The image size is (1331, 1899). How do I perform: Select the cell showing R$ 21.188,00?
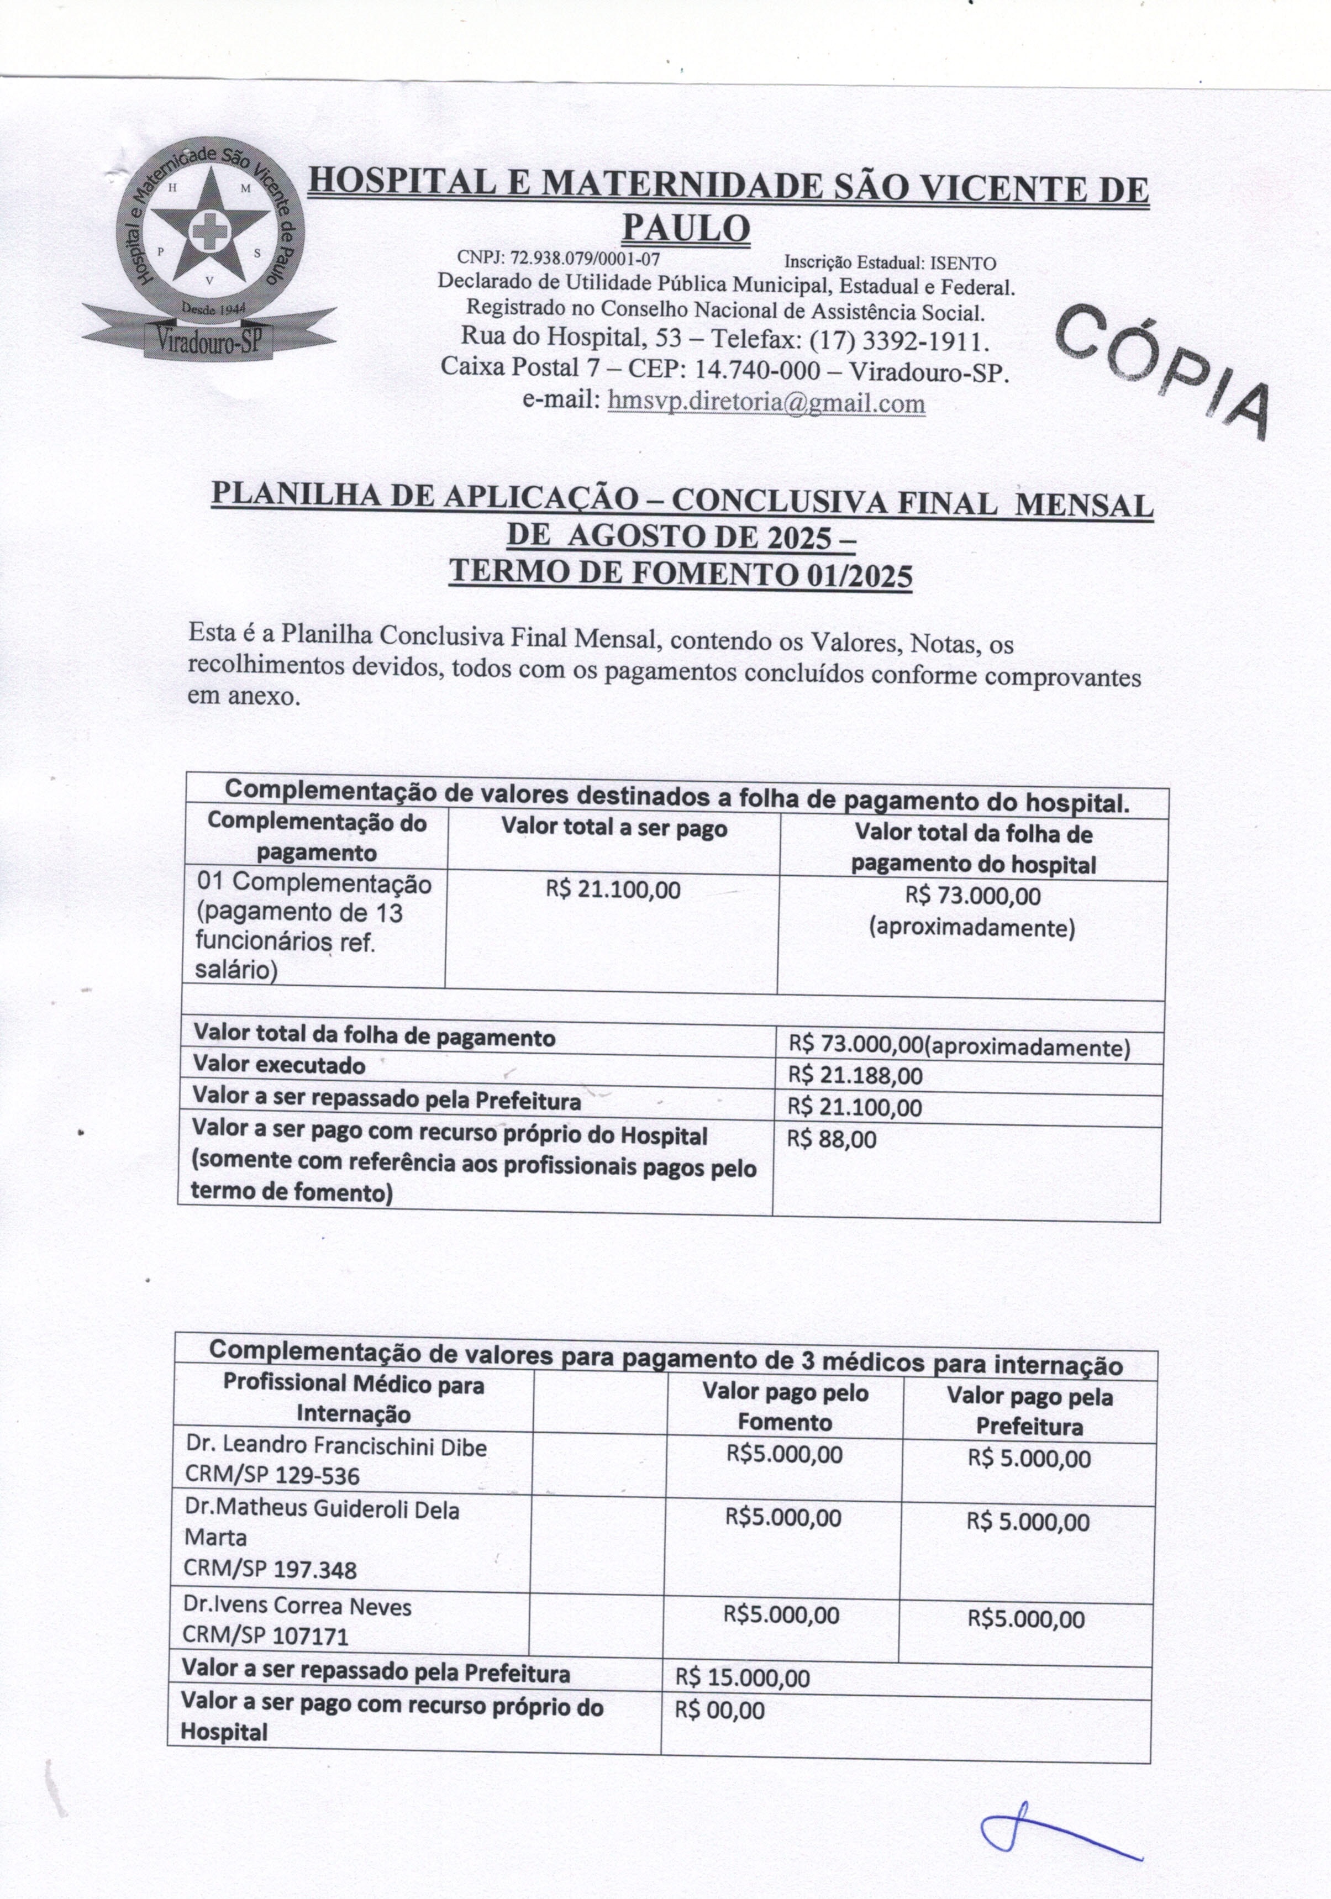855,1076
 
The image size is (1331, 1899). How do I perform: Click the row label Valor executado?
279,1065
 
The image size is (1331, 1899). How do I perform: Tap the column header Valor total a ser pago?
614,828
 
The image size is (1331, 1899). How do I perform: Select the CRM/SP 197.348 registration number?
271,1569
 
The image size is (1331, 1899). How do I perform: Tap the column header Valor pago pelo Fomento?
784,1407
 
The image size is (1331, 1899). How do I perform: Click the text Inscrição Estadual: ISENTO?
890,263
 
